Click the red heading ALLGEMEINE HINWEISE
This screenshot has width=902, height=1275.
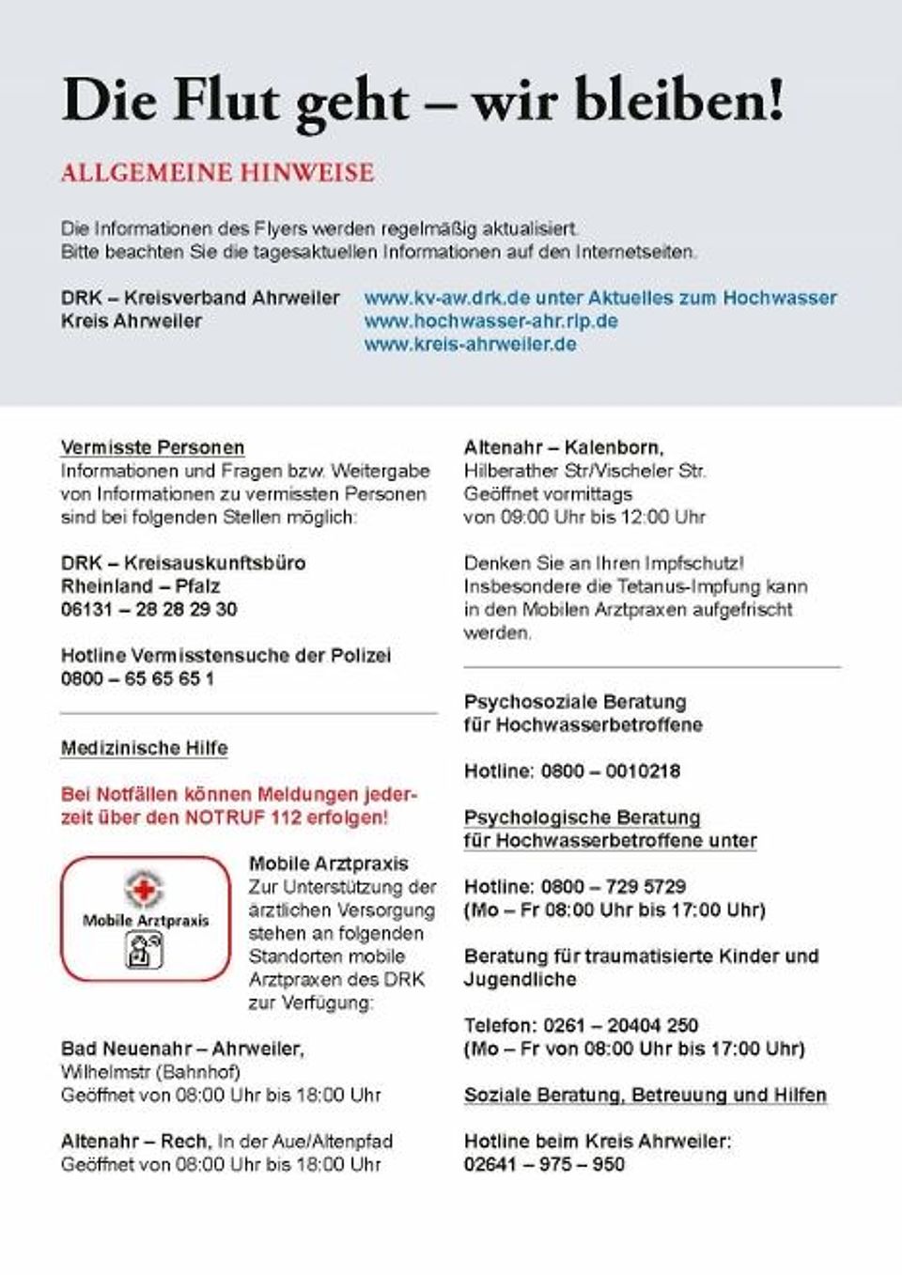[x=217, y=173]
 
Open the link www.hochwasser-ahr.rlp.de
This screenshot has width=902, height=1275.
[x=490, y=321]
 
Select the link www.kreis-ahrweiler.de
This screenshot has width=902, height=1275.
[x=470, y=344]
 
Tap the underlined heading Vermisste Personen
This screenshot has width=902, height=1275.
[x=152, y=448]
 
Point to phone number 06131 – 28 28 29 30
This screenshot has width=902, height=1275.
[x=148, y=610]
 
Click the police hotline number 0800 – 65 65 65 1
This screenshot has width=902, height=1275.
[x=137, y=678]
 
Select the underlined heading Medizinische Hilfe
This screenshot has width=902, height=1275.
[x=144, y=749]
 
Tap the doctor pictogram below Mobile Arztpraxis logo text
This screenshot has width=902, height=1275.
[x=145, y=950]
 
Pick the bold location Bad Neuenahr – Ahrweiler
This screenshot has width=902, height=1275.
[x=182, y=1049]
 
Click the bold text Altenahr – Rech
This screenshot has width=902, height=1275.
[x=135, y=1142]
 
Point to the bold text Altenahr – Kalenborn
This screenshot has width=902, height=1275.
[x=564, y=448]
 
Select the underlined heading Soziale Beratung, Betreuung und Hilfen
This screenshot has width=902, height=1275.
[x=645, y=1096]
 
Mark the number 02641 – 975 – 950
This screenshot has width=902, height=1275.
[x=544, y=1165]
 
